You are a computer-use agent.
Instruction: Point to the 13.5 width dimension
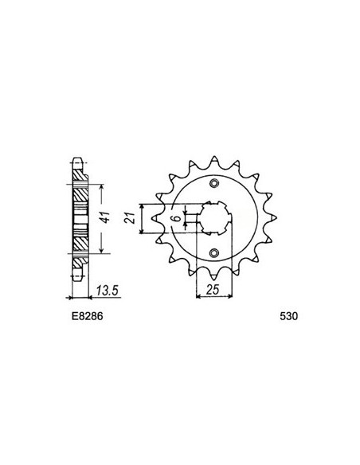pyautogui.click(x=105, y=291)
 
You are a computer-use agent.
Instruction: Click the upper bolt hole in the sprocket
pyautogui.click(x=213, y=185)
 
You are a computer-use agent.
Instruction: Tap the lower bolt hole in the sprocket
pyautogui.click(x=213, y=253)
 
